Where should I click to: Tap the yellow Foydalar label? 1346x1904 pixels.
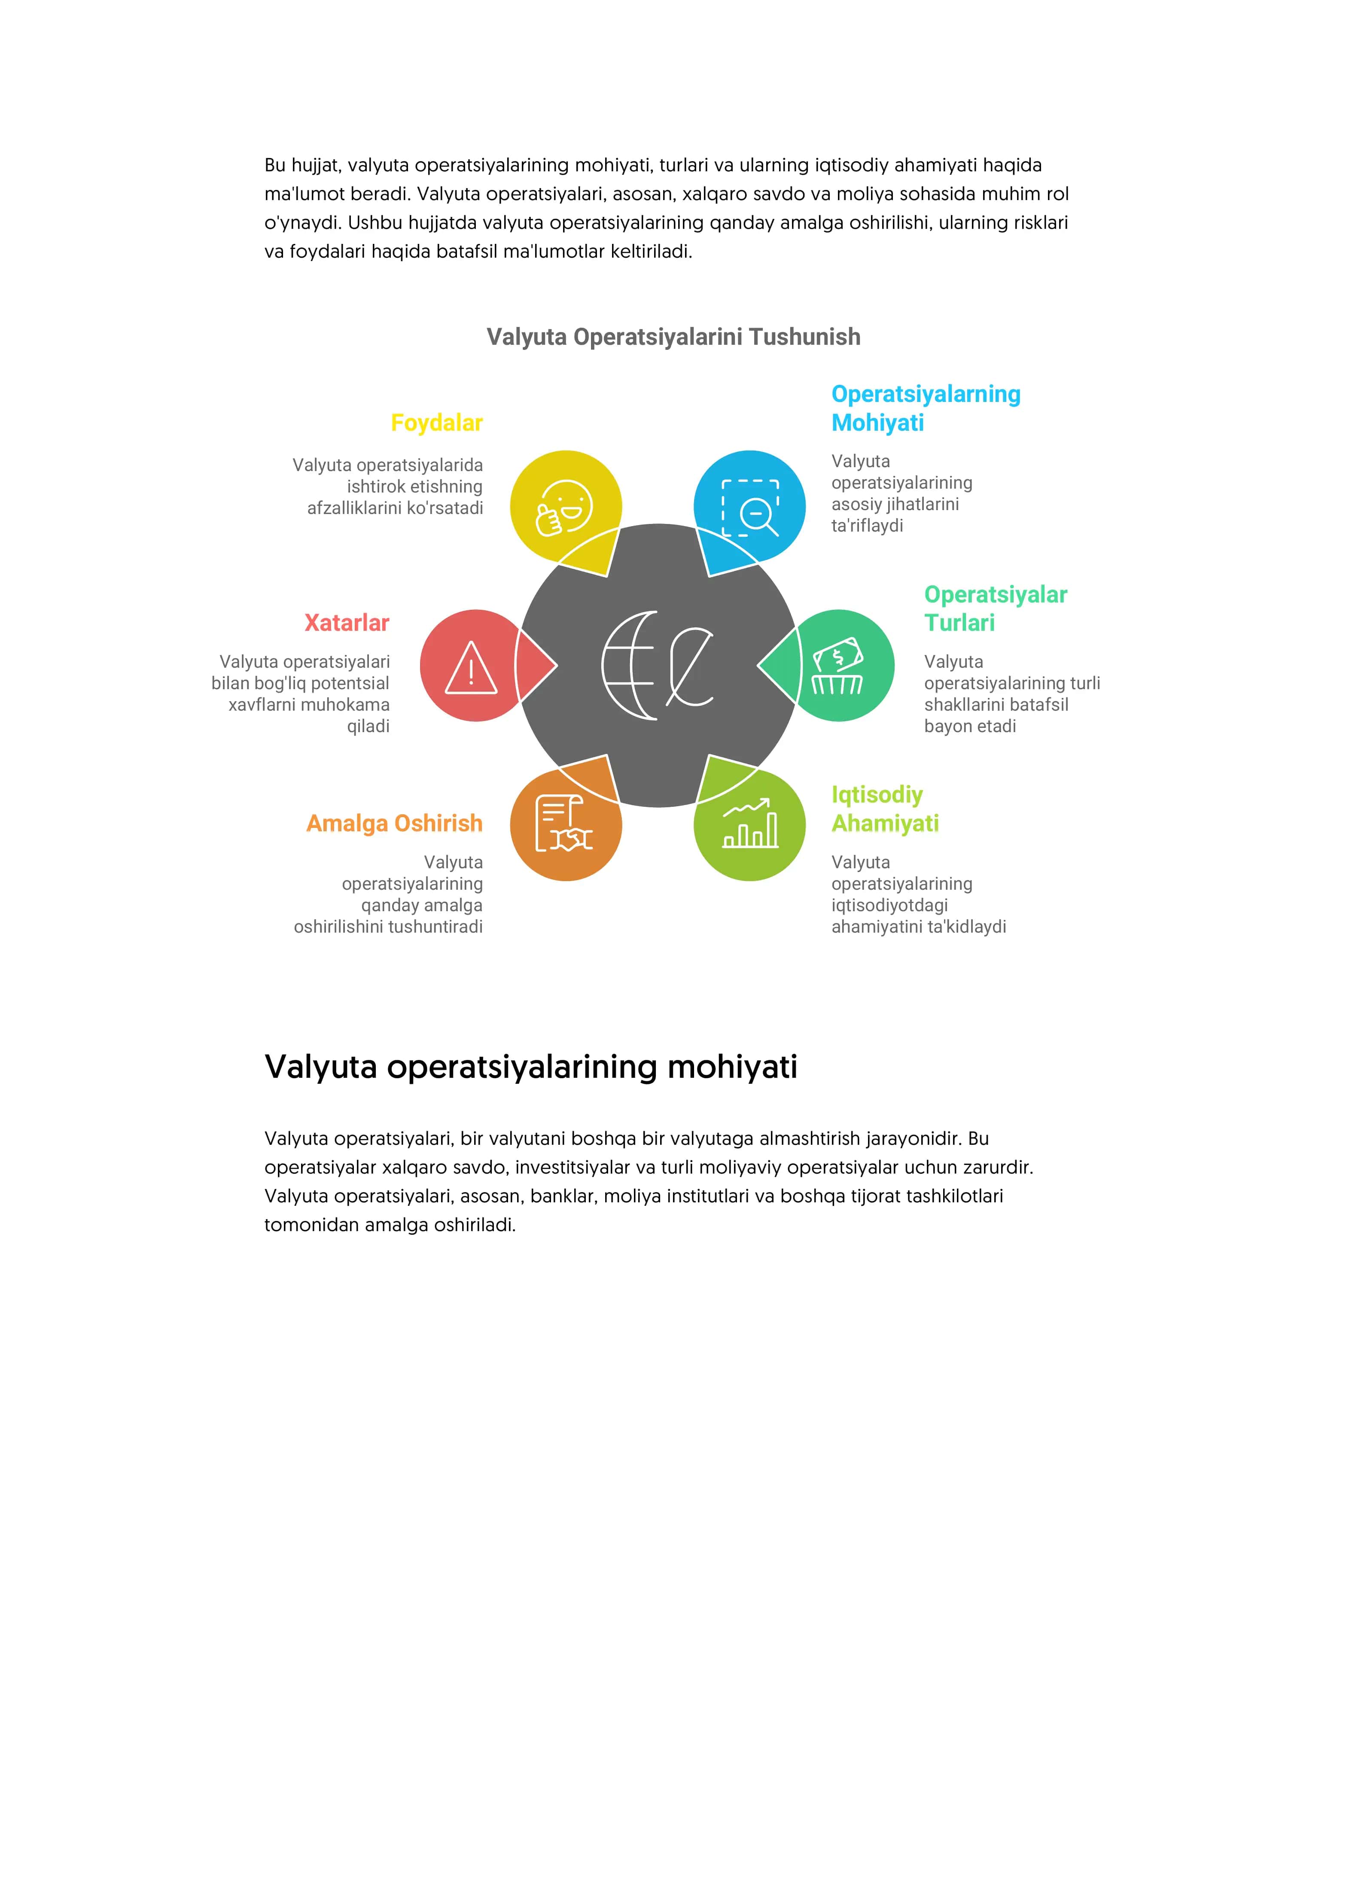(436, 423)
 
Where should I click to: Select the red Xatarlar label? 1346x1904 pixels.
(347, 623)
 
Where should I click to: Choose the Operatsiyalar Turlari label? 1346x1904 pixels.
(995, 608)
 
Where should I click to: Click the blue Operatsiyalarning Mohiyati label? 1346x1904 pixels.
(926, 408)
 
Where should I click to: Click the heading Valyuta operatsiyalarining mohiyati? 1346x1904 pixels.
(531, 1067)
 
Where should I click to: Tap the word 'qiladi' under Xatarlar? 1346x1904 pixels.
(368, 727)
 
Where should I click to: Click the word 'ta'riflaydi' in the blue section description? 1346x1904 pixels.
(867, 526)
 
